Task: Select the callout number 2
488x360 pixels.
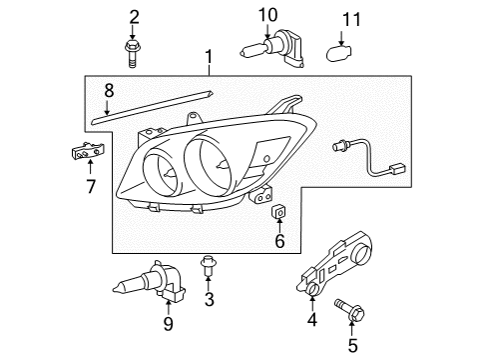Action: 133,15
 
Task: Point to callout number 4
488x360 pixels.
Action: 311,320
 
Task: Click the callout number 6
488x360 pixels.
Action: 279,240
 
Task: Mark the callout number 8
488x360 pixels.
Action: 109,90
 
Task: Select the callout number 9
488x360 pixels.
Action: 168,324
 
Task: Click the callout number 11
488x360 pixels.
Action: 348,18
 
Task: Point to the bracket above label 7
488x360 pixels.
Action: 88,151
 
